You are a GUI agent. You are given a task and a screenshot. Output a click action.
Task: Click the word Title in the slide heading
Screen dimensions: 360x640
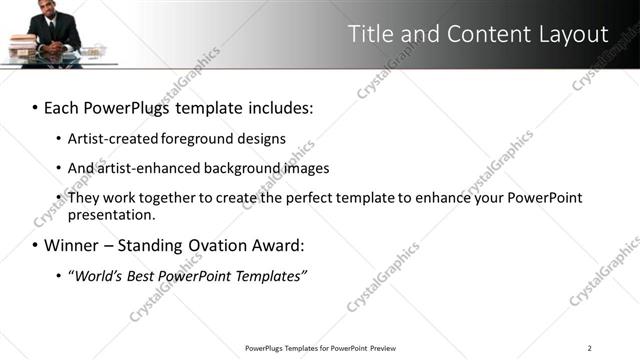tap(370, 34)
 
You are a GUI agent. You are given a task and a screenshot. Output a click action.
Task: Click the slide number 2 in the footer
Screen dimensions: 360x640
tap(590, 348)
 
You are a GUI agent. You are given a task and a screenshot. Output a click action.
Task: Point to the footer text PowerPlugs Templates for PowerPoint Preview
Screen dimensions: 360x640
tap(320, 348)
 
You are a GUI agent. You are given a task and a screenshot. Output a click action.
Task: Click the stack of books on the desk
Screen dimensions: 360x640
tap(21, 47)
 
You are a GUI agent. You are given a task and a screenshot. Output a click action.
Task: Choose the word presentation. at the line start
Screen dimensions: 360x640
tap(111, 214)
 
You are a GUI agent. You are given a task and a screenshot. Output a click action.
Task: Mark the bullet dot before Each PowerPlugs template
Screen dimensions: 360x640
tap(35, 107)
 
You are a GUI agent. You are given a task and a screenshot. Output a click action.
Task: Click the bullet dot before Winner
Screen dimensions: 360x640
tap(35, 245)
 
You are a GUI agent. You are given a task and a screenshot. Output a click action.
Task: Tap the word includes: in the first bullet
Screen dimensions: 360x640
tap(277, 106)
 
